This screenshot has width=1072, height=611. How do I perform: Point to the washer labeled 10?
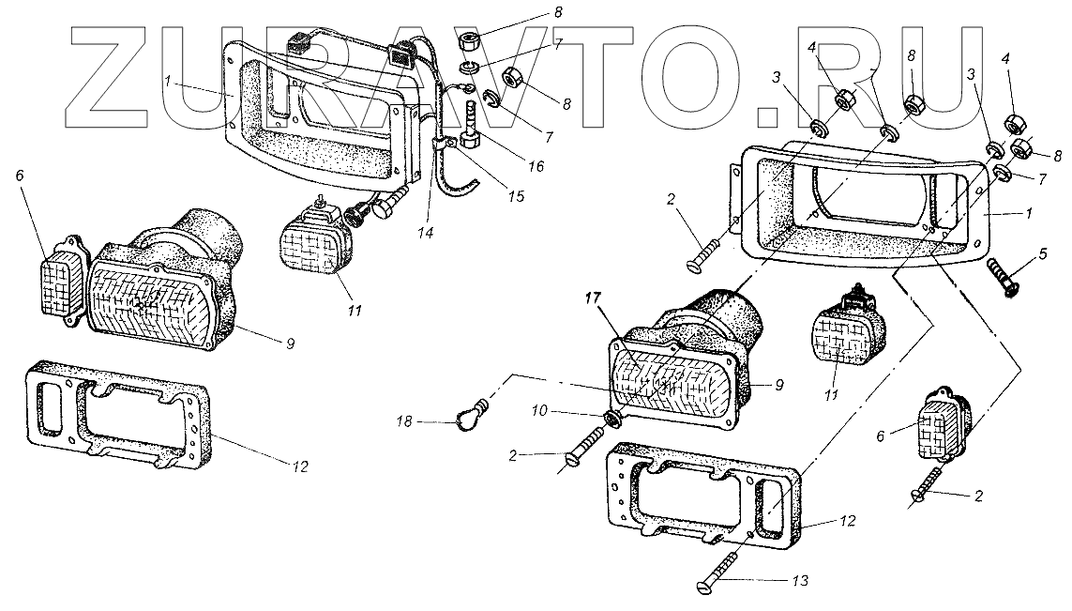(611, 416)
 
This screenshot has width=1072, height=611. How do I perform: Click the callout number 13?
(799, 581)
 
